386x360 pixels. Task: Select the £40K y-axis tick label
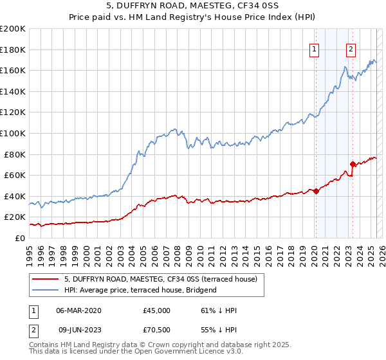[15, 196]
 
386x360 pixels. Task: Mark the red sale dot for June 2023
[353, 164]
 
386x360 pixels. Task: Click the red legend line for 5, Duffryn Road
[46, 279]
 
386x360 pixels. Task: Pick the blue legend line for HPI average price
[46, 290]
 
